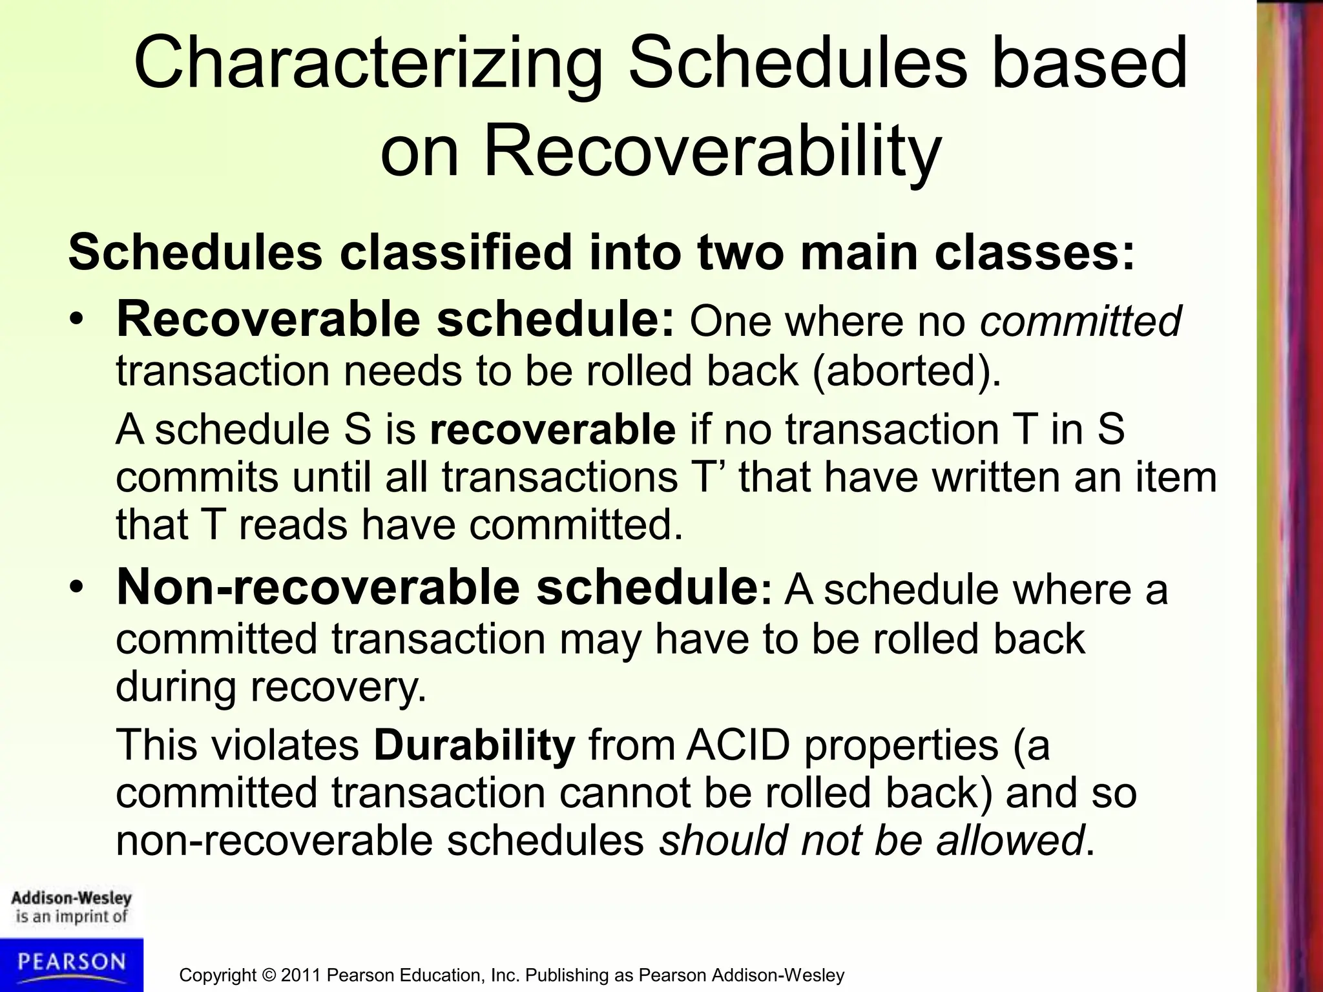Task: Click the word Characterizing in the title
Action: tap(368, 65)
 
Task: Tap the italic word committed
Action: tap(1080, 321)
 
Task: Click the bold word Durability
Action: tap(474, 745)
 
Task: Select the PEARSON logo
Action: tap(71, 963)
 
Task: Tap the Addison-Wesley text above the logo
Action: tap(71, 898)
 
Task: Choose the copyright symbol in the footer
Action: tap(268, 975)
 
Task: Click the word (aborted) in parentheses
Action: tap(906, 371)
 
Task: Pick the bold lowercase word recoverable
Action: tap(552, 429)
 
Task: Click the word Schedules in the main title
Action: tap(797, 65)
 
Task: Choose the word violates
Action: tap(285, 745)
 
